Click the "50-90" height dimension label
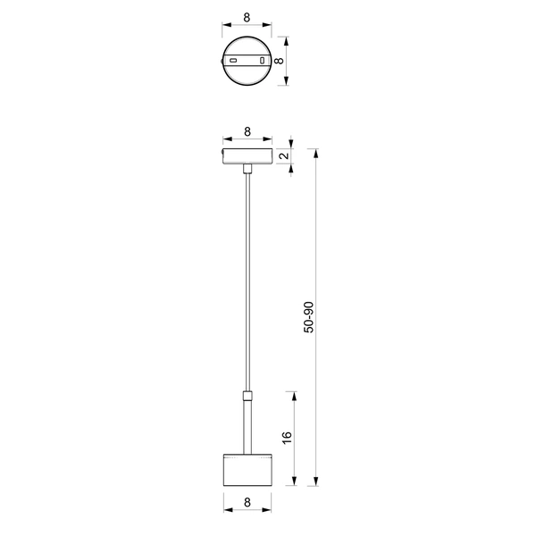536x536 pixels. point(309,318)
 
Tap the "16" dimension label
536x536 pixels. point(286,438)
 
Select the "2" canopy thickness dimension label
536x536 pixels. point(284,156)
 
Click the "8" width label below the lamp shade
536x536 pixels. point(247,503)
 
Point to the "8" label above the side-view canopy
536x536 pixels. point(247,132)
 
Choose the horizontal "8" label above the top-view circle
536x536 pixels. point(247,17)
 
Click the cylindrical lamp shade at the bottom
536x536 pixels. point(247,469)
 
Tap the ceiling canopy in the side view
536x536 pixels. point(247,157)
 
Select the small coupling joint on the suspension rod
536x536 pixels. point(247,394)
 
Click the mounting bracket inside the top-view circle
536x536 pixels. point(247,61)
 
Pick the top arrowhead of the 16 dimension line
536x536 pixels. point(295,394)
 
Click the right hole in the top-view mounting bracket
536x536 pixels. point(262,61)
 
